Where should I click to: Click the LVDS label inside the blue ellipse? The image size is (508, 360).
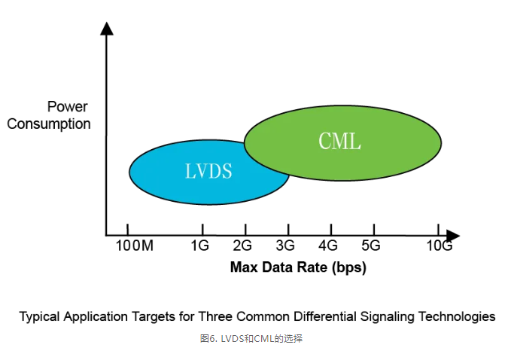point(208,171)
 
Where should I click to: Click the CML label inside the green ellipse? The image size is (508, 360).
point(339,141)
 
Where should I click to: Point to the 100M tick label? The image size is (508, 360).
point(135,246)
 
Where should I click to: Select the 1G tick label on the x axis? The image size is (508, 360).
point(199,246)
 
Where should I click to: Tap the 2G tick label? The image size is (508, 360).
point(242,246)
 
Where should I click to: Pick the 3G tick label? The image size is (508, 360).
point(285,246)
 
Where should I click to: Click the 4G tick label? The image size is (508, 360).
point(328,246)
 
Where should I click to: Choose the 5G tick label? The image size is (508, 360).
point(371,246)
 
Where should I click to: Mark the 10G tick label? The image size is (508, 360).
point(439,246)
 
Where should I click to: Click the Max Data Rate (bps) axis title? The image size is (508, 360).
point(298,267)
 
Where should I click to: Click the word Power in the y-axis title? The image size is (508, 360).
point(68,107)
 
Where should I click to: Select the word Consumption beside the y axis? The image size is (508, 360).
point(49,124)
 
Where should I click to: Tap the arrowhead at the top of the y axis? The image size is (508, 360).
point(107,29)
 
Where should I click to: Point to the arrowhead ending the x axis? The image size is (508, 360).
point(452,235)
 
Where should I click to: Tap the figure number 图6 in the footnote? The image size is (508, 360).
point(208,339)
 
